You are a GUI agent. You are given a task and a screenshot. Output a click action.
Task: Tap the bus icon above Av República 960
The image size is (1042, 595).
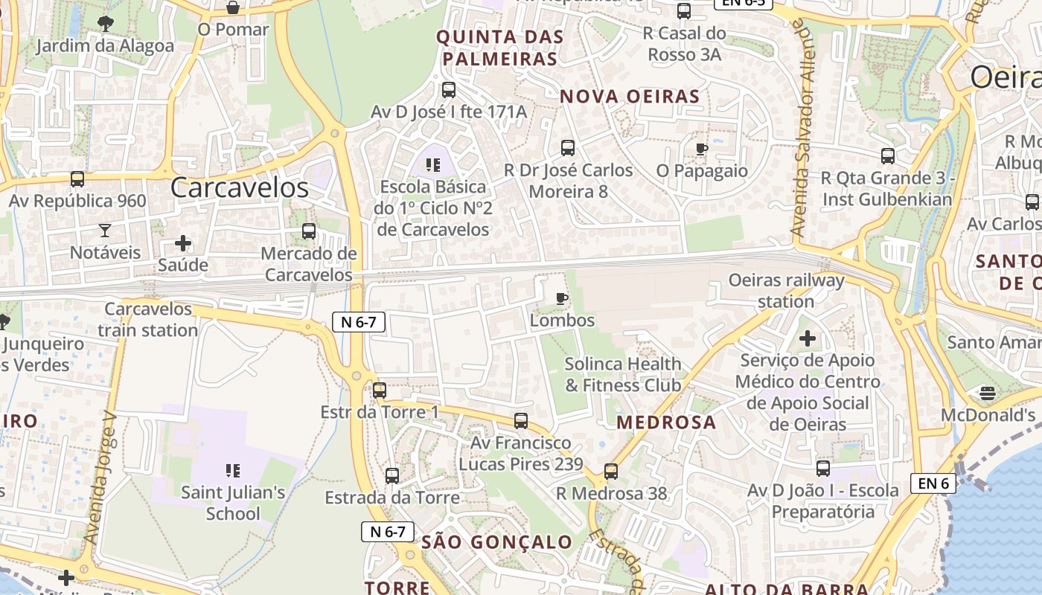[x=77, y=179]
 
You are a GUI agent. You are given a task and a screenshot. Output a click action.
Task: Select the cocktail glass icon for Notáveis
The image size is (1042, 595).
[x=105, y=231]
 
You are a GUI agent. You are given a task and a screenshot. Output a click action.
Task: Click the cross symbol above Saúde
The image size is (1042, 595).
[x=183, y=243]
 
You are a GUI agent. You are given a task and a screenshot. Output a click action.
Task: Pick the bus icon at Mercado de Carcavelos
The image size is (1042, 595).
[x=309, y=231]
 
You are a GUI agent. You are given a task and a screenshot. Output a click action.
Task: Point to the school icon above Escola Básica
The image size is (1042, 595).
[x=433, y=164]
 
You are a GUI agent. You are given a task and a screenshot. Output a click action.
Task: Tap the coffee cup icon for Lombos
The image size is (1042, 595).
[x=562, y=299]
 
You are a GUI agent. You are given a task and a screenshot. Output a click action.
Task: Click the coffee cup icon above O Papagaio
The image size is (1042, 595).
[x=701, y=149]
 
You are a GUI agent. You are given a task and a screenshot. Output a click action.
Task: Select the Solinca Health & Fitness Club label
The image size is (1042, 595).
[x=623, y=374]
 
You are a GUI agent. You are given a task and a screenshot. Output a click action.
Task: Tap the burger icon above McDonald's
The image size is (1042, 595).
[x=988, y=392]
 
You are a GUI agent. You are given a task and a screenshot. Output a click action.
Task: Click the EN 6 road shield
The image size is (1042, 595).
[x=933, y=483]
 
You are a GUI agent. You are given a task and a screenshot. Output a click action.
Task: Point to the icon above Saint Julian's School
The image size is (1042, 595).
[x=233, y=471]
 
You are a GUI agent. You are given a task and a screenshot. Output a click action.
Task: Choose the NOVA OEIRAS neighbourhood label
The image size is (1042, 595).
[x=630, y=97]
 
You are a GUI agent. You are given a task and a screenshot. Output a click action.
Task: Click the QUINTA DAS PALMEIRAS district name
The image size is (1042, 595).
[x=499, y=48]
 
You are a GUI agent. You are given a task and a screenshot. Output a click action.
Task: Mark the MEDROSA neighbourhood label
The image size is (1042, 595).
[x=666, y=422]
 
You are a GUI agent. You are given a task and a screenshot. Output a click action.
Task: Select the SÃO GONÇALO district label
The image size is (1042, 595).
[x=496, y=542]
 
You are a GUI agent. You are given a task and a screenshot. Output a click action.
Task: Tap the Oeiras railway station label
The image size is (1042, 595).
[x=786, y=291]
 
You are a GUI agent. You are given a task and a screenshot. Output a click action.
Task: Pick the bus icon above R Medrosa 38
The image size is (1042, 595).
[x=611, y=471]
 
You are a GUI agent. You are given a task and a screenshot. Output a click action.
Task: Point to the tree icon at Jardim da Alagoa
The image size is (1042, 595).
[x=105, y=24]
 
